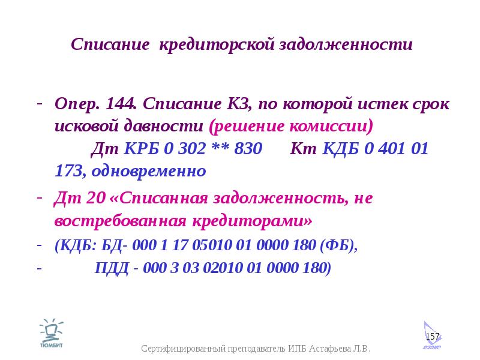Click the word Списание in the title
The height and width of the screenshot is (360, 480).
pyautogui.click(x=110, y=44)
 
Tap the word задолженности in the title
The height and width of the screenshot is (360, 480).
pyautogui.click(x=346, y=45)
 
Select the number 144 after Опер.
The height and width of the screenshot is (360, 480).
pyautogui.click(x=121, y=103)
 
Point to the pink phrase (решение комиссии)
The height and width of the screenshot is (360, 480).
pyautogui.click(x=291, y=126)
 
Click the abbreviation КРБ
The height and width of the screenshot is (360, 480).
pyautogui.click(x=142, y=148)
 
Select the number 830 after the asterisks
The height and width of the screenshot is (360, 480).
pyautogui.click(x=248, y=148)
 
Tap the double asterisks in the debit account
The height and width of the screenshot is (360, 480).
pyautogui.click(x=220, y=146)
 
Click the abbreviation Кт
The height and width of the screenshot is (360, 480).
pyautogui.click(x=303, y=148)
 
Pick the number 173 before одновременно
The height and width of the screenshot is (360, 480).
pyautogui.click(x=69, y=171)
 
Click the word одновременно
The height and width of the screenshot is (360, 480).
pyautogui.click(x=149, y=171)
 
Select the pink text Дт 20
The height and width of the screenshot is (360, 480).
pyautogui.click(x=80, y=198)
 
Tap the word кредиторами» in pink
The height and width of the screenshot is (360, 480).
pyautogui.click(x=253, y=221)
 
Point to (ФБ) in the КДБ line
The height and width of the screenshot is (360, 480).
pyautogui.click(x=338, y=245)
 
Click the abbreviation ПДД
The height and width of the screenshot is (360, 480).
pyautogui.click(x=112, y=268)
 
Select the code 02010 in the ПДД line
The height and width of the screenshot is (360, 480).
pyautogui.click(x=223, y=268)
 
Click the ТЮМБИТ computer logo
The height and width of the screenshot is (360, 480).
pyautogui.click(x=52, y=333)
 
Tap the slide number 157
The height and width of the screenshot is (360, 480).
pyautogui.click(x=433, y=337)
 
